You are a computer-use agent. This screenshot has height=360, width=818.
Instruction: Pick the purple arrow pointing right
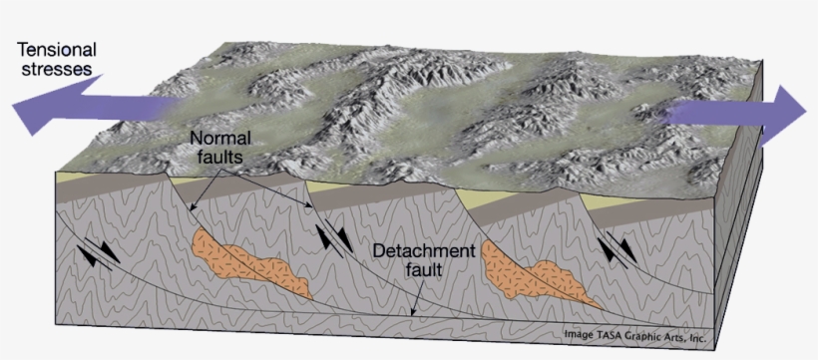[738, 113]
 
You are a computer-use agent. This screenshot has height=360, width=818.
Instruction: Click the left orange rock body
[250, 261]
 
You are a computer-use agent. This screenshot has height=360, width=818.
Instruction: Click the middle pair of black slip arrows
[333, 240]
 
